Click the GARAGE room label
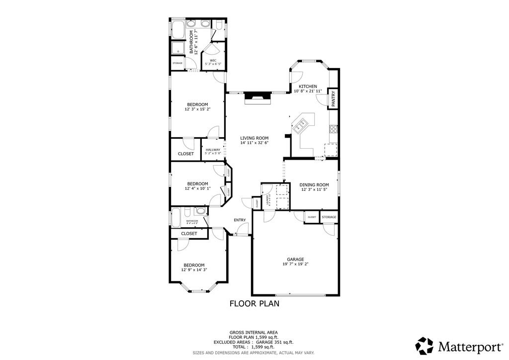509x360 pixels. (295, 259)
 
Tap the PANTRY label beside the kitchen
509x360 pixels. (334, 98)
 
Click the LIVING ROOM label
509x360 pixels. (254, 138)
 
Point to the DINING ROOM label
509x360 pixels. (314, 184)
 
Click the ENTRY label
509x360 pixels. (240, 220)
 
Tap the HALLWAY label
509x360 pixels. (213, 150)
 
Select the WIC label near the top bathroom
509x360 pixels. (213, 61)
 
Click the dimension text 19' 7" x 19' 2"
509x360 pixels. (295, 265)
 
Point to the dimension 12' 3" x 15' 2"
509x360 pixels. (197, 109)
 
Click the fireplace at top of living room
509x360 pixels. (257, 97)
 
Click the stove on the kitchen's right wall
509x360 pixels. (333, 129)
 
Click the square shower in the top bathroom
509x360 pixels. (178, 48)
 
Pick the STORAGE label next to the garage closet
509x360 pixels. (329, 217)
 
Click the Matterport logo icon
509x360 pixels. (424, 345)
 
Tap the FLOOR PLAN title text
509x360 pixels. (254, 303)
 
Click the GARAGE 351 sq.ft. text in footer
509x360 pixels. (274, 342)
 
